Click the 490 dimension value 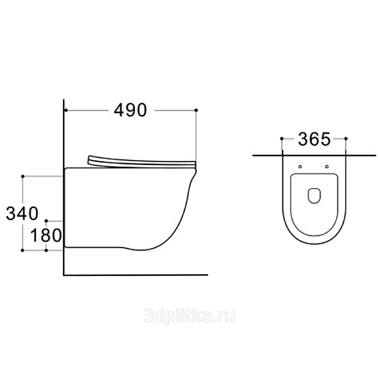pyautogui.click(x=130, y=111)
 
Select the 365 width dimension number pyautogui.click(x=314, y=139)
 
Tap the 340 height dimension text pyautogui.click(x=22, y=213)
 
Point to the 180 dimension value pyautogui.click(x=46, y=235)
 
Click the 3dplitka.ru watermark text pyautogui.click(x=189, y=316)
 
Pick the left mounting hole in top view pyautogui.click(x=300, y=167)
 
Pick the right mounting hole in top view pyautogui.click(x=327, y=167)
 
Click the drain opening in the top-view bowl pyautogui.click(x=314, y=196)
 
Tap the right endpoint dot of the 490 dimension pyautogui.click(x=196, y=110)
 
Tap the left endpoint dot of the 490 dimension pyautogui.click(x=66, y=110)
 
